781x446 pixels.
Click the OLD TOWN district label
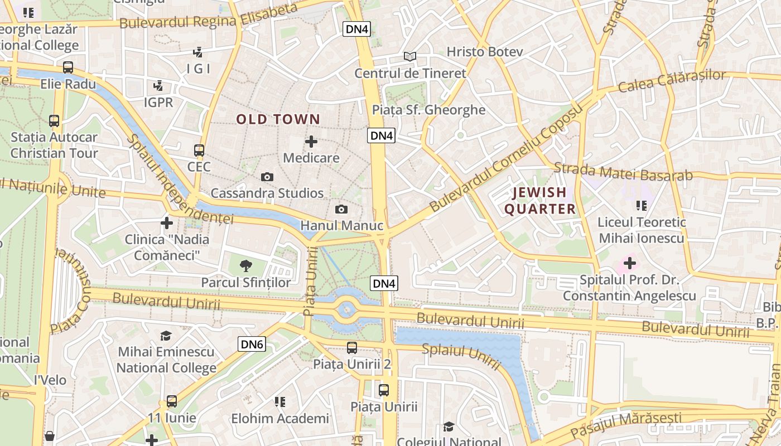pos(278,119)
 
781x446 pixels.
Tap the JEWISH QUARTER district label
pos(539,201)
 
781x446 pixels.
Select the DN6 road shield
pos(252,344)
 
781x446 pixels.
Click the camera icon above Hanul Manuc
pos(341,210)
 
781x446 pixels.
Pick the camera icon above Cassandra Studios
pos(267,177)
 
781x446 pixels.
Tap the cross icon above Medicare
pos(311,142)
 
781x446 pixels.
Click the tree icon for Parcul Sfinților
pos(245,265)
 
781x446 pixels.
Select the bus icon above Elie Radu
pos(68,67)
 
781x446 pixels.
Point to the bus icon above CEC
pos(199,150)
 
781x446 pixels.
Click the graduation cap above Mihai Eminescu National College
pos(166,336)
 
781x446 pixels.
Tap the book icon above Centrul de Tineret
pos(410,56)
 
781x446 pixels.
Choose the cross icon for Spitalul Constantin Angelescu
pos(629,263)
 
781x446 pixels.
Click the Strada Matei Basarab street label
pos(623,172)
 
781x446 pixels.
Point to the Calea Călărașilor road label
pos(672,81)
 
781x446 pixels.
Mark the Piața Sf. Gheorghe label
pos(428,110)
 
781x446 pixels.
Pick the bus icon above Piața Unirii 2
pos(352,348)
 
